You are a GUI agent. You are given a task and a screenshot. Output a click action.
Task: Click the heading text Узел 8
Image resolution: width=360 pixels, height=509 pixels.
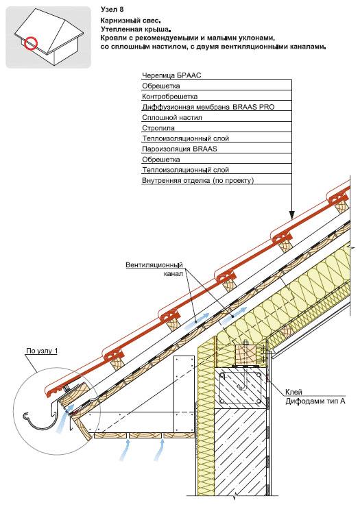point(112,10)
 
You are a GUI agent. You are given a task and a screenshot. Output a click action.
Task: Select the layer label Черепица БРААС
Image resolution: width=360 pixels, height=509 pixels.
point(171,75)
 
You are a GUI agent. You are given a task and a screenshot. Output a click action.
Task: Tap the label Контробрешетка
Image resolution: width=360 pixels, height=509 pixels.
point(169,97)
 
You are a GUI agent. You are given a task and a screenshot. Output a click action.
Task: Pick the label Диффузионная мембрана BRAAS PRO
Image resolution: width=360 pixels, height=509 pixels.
point(208,107)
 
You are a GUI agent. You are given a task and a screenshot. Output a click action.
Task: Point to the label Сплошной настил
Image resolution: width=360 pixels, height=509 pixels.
point(172,118)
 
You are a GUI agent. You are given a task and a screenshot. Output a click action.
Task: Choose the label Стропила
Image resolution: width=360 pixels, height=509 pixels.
point(158,128)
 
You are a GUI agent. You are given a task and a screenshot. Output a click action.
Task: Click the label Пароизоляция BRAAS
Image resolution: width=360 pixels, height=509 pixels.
point(180,149)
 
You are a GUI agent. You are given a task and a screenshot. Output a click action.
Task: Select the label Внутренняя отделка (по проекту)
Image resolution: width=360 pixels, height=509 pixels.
point(198,180)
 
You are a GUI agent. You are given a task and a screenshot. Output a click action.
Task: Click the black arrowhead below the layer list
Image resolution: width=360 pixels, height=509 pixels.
point(291,214)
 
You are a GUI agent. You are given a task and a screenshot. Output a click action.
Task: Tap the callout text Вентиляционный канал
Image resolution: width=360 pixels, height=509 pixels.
point(155,269)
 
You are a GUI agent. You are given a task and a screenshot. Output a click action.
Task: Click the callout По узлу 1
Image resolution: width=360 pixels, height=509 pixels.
point(42,351)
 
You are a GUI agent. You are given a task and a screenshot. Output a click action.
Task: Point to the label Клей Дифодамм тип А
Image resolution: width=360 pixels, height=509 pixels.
point(315,397)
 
